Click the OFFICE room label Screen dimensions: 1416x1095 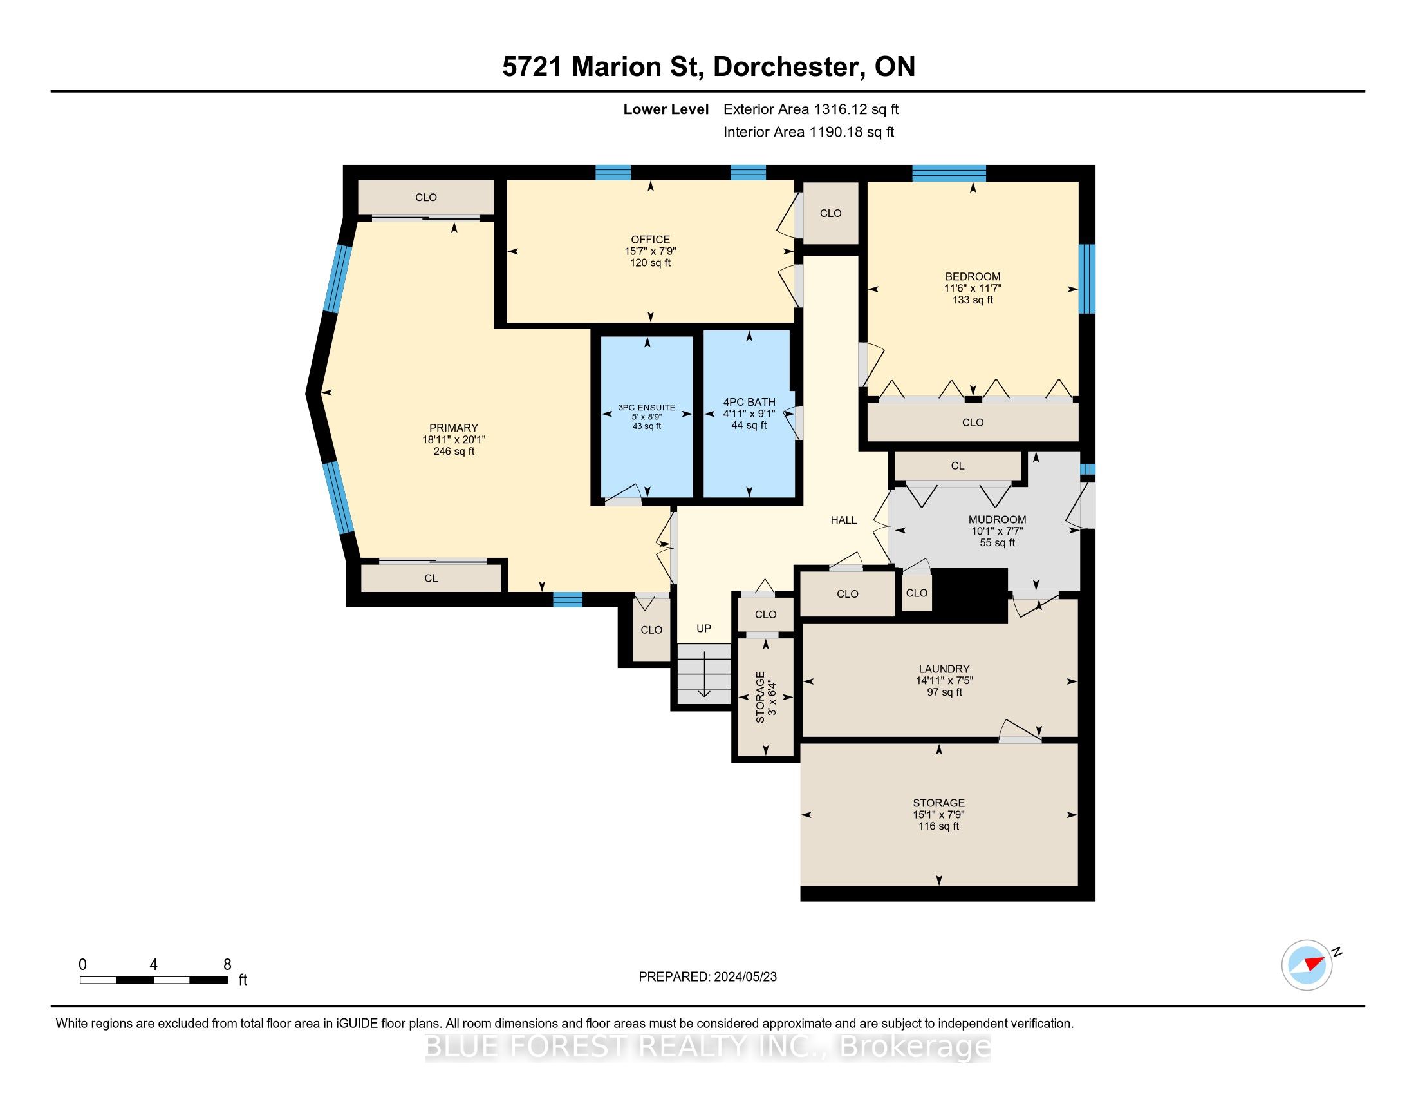pos(650,240)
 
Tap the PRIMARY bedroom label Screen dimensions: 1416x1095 pos(454,428)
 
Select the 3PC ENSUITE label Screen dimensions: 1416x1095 pos(646,407)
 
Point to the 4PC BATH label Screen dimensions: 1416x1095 pos(749,402)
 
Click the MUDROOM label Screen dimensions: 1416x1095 pos(997,520)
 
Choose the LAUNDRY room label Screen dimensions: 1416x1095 pos(944,669)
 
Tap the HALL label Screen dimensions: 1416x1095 pos(844,520)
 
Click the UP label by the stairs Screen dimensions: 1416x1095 pos(703,628)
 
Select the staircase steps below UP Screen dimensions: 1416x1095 pos(704,673)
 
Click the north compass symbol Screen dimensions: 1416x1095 pos(1307,965)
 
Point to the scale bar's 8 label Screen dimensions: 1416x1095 pos(227,964)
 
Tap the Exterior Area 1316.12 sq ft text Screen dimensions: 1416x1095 pos(811,109)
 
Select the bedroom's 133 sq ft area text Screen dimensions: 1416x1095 pos(973,300)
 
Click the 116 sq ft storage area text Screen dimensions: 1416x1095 pos(938,826)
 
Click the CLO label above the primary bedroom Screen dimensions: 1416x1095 pos(426,197)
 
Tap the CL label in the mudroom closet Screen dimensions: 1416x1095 pos(958,466)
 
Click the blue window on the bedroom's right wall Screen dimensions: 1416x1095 pos(1086,278)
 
